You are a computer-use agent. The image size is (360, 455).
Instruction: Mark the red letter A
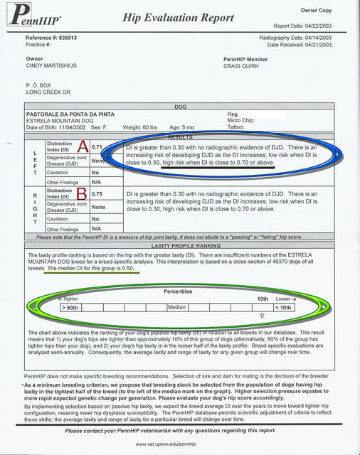pos(82,146)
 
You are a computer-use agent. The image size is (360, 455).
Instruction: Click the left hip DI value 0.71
pos(98,147)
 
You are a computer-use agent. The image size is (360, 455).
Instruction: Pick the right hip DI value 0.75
pos(98,193)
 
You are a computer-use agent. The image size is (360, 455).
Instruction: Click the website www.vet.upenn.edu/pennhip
pos(179,442)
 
